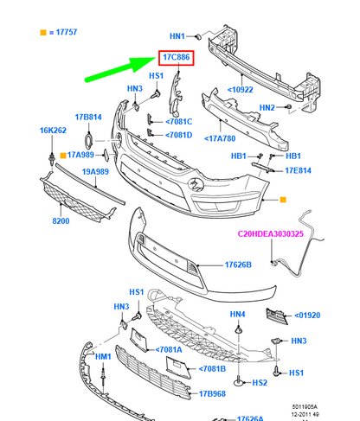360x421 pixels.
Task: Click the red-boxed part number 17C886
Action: [177, 58]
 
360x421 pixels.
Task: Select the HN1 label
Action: [177, 36]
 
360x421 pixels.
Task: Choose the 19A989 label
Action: [97, 172]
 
